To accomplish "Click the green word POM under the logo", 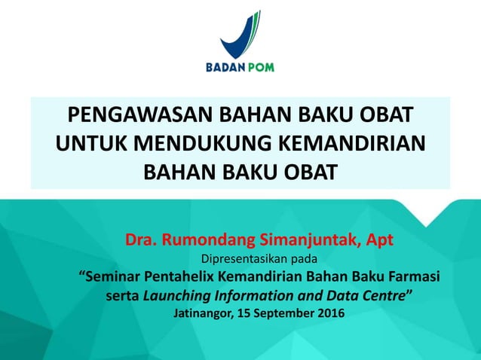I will pyautogui.click(x=259, y=67).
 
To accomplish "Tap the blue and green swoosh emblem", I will pyautogui.click(x=240, y=34).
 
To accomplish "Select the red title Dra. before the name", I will pyautogui.click(x=141, y=240).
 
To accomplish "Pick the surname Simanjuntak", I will pyautogui.click(x=301, y=240).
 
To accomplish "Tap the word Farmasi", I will pyautogui.click(x=413, y=276).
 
